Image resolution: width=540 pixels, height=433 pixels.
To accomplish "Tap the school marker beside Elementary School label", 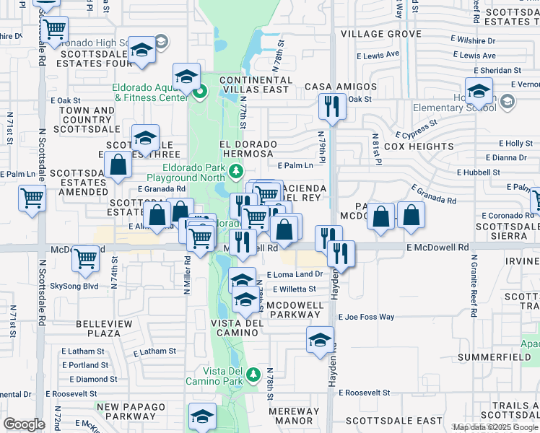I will (x=479, y=92).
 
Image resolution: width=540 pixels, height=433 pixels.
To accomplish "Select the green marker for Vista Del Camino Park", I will (x=253, y=374).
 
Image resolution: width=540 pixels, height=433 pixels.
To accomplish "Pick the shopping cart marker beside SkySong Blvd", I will (x=86, y=257).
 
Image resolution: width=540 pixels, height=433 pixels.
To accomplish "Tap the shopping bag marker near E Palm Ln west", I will (x=118, y=165).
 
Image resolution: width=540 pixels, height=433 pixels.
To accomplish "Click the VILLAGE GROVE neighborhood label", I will (x=380, y=34).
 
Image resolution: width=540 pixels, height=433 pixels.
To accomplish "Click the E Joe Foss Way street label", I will (x=367, y=317).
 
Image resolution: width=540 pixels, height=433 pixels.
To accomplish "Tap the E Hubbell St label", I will (x=479, y=172).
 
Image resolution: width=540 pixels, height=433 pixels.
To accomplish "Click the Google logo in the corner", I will (x=24, y=424).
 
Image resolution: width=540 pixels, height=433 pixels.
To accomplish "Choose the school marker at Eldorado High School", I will (x=142, y=50).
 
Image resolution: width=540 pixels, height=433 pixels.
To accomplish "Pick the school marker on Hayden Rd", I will (x=320, y=340).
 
